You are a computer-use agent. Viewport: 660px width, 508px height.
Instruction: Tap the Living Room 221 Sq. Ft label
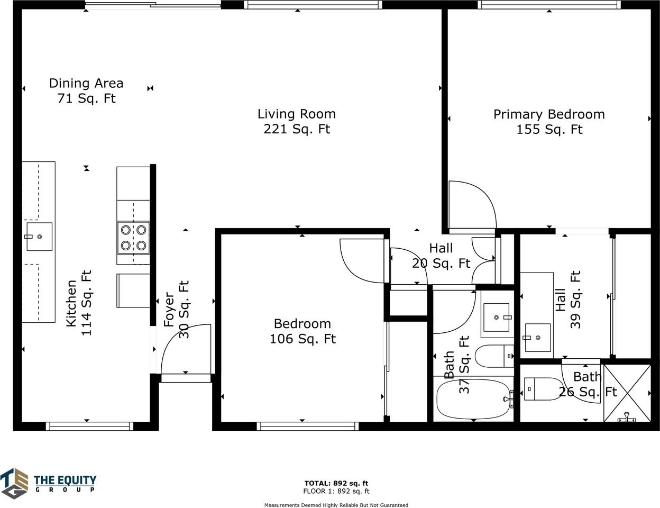(297, 122)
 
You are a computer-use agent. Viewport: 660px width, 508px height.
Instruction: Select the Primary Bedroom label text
(549, 114)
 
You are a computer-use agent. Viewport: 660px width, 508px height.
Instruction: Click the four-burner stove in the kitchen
(133, 238)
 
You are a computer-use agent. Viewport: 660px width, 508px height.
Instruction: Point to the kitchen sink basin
(40, 237)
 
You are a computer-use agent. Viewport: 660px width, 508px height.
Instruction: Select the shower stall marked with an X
(627, 394)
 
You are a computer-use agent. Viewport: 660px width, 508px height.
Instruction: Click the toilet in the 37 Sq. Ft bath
(494, 356)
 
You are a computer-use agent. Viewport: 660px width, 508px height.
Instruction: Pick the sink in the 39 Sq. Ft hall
(538, 338)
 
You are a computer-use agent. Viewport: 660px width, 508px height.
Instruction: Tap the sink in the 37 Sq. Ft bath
(496, 317)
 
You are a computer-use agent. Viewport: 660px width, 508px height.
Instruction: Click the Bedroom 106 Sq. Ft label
(302, 331)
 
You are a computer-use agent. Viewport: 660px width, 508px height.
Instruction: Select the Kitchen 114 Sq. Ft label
(79, 303)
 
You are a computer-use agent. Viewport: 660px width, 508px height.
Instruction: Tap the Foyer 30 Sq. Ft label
(176, 309)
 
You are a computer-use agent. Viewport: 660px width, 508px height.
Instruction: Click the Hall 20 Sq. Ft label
(441, 256)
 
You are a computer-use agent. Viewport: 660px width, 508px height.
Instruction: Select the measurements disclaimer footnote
(336, 505)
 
